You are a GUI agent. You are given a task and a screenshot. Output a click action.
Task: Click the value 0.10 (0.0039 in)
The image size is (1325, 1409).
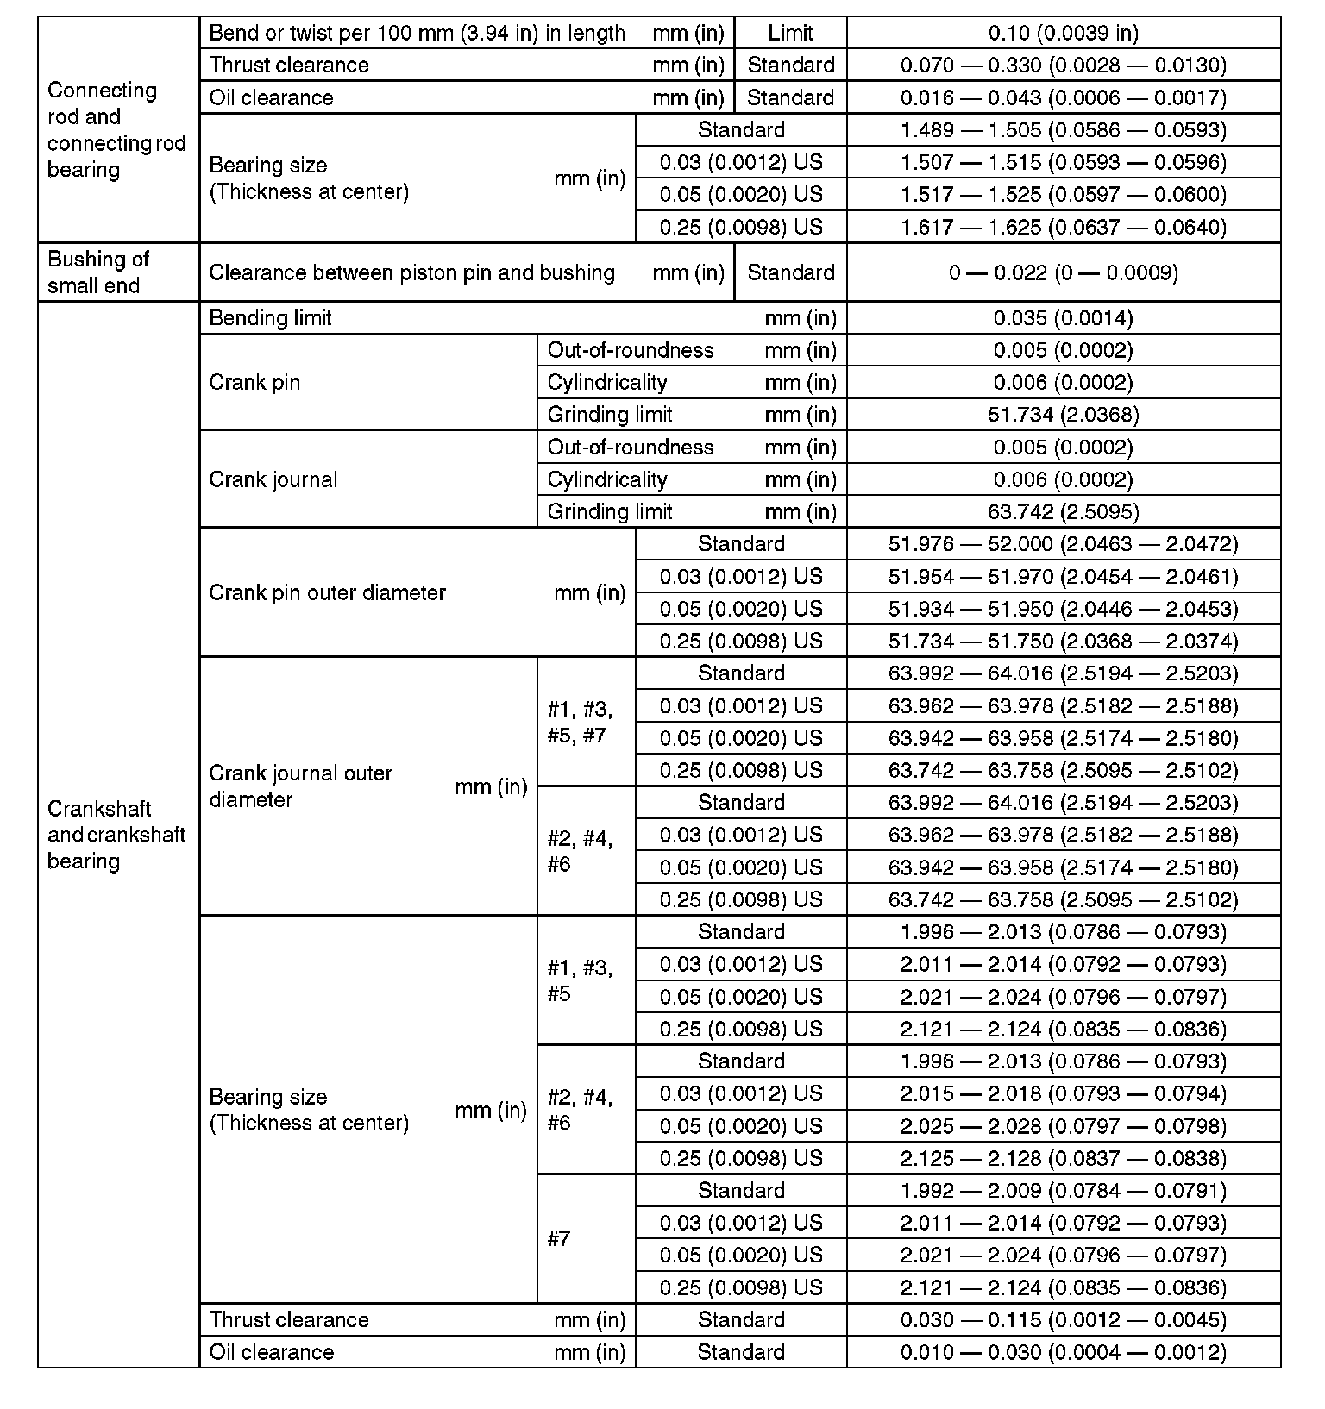[1063, 34]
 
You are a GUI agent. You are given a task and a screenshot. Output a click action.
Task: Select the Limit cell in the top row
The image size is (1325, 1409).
[789, 34]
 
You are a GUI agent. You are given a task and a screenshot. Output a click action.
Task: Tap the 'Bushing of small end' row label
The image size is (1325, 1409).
[98, 272]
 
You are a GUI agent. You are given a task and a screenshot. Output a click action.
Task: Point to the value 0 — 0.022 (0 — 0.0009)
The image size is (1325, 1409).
[1063, 273]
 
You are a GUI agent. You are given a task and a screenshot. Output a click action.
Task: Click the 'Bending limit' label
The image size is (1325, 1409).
[270, 318]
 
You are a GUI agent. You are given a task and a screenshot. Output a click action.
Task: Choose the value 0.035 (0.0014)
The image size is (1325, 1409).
[1063, 318]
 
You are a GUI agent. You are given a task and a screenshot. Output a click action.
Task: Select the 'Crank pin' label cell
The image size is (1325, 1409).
[254, 383]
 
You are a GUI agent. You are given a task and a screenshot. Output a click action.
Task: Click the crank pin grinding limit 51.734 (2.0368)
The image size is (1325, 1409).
[1063, 415]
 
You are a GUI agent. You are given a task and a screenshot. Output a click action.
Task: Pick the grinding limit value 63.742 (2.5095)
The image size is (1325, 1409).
[1063, 512]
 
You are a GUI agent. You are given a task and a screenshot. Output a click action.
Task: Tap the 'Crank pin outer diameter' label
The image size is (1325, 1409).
[327, 593]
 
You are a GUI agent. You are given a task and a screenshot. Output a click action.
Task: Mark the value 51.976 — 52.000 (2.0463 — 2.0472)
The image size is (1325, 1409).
[1063, 544]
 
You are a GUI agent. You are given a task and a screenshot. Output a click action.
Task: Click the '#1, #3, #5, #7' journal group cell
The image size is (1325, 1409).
[580, 723]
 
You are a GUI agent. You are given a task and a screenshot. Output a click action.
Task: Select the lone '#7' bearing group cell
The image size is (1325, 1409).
[559, 1239]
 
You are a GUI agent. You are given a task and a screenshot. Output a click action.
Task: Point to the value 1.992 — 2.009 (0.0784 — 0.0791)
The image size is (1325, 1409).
[1063, 1191]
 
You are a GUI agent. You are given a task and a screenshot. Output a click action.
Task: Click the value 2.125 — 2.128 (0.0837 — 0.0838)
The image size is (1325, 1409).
[1063, 1159]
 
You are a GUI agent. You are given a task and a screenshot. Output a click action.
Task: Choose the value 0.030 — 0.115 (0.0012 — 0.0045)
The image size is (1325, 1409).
[1063, 1320]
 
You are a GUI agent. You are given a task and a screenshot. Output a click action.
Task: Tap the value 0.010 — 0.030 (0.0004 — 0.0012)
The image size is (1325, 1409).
[1063, 1352]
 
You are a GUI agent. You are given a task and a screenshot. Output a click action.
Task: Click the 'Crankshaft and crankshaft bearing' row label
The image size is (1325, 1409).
[116, 835]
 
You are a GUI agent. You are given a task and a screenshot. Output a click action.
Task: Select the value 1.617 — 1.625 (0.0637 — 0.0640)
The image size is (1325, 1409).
[1063, 228]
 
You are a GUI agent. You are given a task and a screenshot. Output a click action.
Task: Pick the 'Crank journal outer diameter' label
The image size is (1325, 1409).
[300, 786]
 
